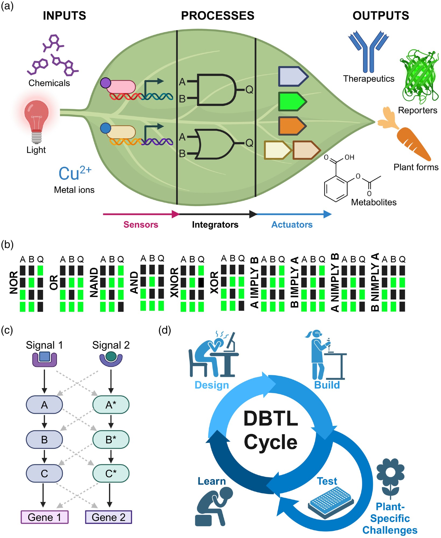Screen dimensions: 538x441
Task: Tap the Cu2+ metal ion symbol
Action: coord(75,173)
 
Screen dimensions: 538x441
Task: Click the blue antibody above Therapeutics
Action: coord(368,51)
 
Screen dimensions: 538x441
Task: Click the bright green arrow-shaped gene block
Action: coord(292,101)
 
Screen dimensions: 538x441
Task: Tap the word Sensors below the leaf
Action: coord(141,225)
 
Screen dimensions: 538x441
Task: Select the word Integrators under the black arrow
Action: coord(215,225)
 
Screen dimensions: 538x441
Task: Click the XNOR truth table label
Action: coord(174,282)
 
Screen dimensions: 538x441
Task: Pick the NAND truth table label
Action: coord(94,282)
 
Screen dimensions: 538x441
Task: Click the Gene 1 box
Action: coord(45,517)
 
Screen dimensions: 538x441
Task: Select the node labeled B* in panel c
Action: coord(111,440)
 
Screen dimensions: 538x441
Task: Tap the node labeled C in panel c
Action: coord(44,473)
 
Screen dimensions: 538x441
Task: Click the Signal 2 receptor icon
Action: coord(111,359)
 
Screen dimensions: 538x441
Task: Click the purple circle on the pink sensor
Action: coord(105,83)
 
